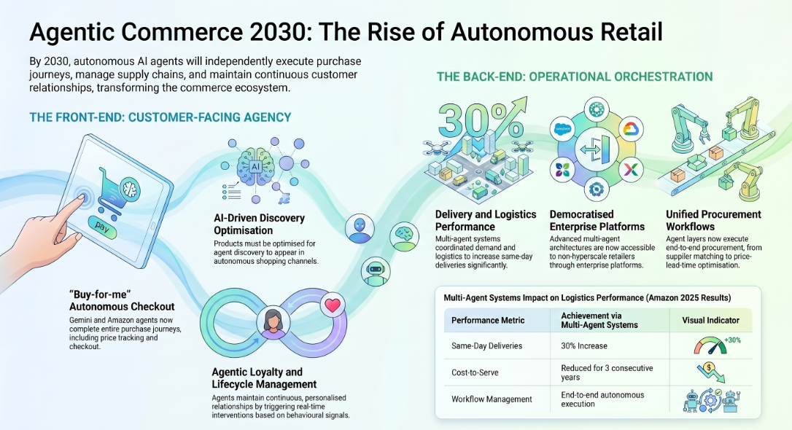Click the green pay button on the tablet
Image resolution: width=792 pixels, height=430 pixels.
point(102,227)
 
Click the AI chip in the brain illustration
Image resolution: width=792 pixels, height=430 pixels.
point(255,166)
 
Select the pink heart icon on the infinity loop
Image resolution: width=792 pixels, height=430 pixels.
point(333,305)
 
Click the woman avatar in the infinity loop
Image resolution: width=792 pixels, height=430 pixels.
point(273,324)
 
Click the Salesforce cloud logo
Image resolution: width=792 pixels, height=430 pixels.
point(562,129)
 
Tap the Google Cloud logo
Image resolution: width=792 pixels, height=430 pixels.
point(630,129)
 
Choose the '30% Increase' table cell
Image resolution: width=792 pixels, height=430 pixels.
point(584,346)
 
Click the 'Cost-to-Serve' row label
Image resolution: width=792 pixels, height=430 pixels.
point(475,373)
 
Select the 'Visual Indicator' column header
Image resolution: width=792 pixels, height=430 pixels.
point(710,321)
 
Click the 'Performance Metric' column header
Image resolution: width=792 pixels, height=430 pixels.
point(488,321)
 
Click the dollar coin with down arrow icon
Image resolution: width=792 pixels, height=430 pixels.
point(711,372)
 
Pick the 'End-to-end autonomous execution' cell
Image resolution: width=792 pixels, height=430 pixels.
point(602,399)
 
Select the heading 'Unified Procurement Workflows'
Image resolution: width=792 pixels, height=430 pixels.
point(713,221)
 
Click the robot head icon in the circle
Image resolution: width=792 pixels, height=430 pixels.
point(376,270)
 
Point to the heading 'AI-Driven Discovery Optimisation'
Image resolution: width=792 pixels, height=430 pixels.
point(259,224)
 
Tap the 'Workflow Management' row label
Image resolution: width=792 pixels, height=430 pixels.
point(492,399)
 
